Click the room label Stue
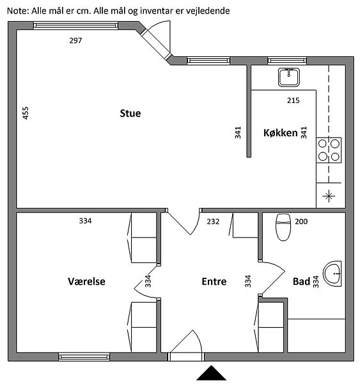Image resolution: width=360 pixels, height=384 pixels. click(x=130, y=113)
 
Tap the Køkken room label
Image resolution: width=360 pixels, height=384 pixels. click(x=281, y=132)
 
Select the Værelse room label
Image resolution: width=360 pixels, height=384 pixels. click(x=86, y=282)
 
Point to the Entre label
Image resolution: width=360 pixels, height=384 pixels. click(x=214, y=282)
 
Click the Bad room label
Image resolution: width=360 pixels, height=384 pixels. click(x=301, y=282)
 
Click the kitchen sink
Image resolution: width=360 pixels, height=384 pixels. click(x=289, y=77)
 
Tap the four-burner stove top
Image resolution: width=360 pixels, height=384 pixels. click(x=329, y=150)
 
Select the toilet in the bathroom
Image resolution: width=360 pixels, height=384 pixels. click(x=283, y=227)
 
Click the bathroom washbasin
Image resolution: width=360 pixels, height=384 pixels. click(x=332, y=273)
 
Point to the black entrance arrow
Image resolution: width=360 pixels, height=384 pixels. click(x=211, y=374)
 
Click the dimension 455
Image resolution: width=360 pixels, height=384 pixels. click(x=26, y=113)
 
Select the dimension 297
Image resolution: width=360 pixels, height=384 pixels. click(x=75, y=40)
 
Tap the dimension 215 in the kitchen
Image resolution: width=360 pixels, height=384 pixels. click(x=293, y=100)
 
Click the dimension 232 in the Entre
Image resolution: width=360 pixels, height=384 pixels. click(x=213, y=221)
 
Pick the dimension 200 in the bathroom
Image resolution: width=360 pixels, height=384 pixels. click(x=301, y=221)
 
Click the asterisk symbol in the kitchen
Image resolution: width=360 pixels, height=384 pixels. click(x=329, y=196)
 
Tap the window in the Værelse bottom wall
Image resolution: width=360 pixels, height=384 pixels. click(x=84, y=357)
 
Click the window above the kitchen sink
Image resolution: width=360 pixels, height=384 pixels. click(x=287, y=61)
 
